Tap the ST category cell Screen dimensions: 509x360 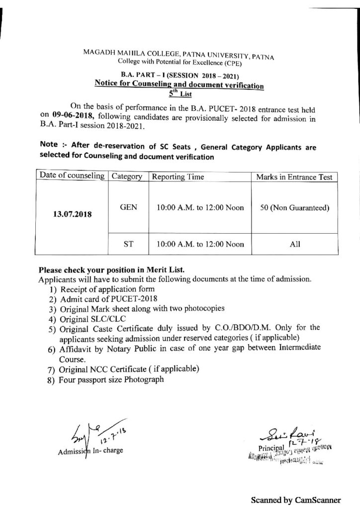click(127, 244)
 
